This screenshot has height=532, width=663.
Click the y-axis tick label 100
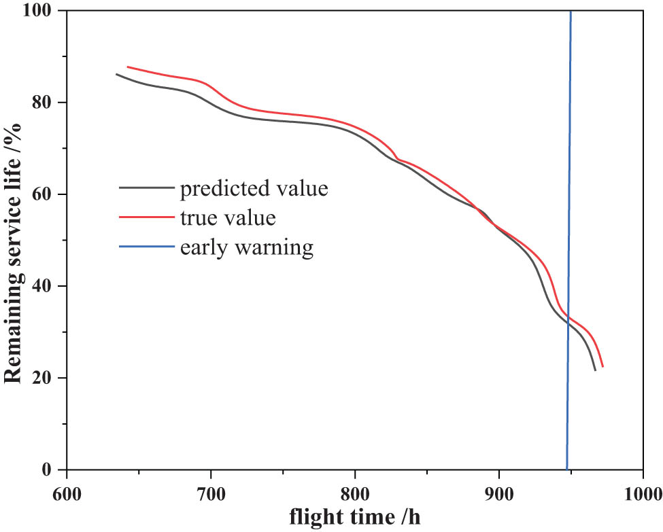[x=42, y=12]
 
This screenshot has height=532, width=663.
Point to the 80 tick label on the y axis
[x=47, y=103]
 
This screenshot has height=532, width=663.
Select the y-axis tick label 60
[x=47, y=194]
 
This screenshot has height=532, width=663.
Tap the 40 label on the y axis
[x=47, y=286]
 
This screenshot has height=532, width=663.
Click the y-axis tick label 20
[x=47, y=378]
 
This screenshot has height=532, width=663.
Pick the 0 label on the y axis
[x=52, y=469]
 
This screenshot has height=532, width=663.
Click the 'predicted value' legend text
[x=254, y=188]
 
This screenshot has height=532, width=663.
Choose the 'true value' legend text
[x=228, y=218]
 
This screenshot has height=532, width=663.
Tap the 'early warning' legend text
[x=247, y=247]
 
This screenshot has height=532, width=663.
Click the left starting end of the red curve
[x=128, y=67]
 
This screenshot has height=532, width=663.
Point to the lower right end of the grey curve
[x=595, y=370]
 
